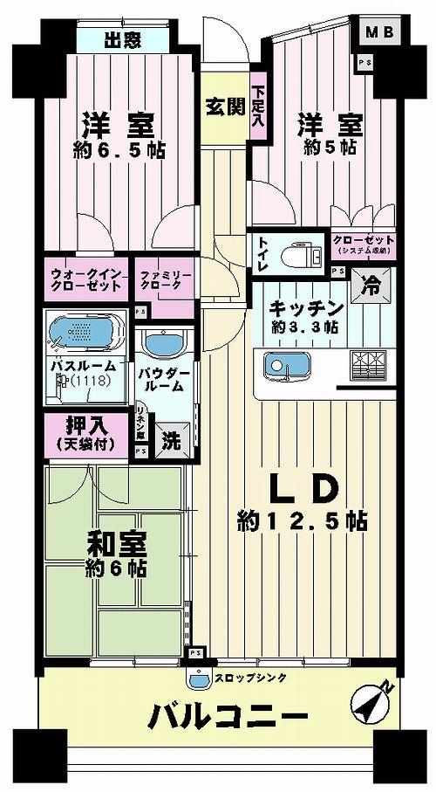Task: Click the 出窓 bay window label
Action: pyautogui.click(x=123, y=39)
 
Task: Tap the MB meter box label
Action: pyautogui.click(x=378, y=33)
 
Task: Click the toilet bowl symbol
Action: pyautogui.click(x=299, y=255)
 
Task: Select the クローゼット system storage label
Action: pyautogui.click(x=364, y=244)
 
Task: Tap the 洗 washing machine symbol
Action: pyautogui.click(x=170, y=442)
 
